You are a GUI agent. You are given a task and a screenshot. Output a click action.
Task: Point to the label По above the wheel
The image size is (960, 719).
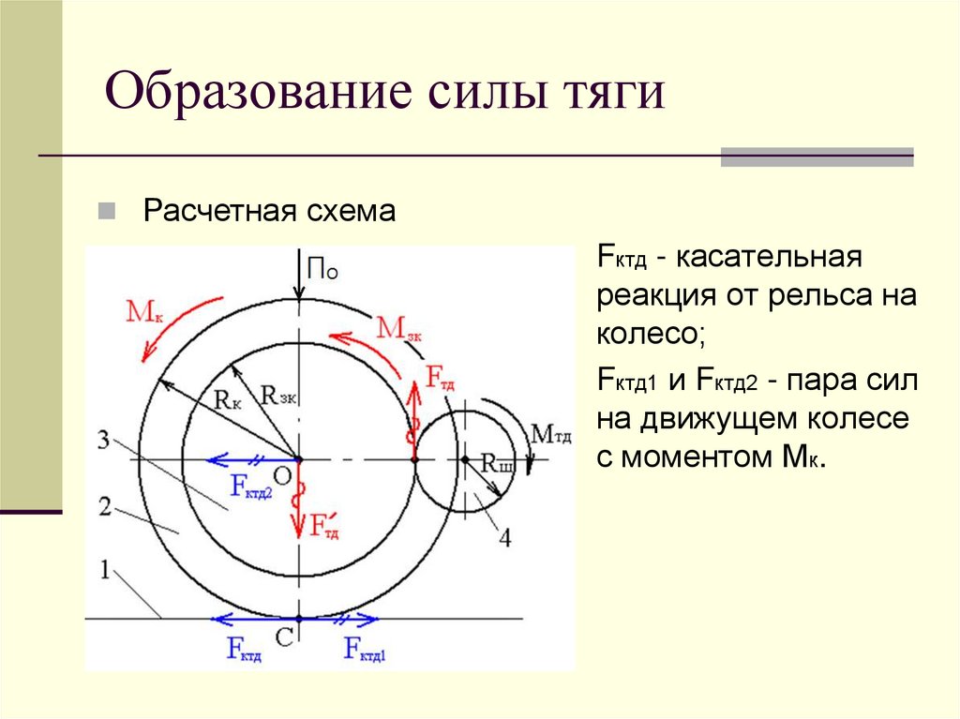pyautogui.click(x=322, y=270)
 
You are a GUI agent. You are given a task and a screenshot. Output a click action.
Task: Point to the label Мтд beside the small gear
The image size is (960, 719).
pyautogui.click(x=552, y=433)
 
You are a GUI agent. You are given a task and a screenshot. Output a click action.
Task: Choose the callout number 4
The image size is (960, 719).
pyautogui.click(x=505, y=537)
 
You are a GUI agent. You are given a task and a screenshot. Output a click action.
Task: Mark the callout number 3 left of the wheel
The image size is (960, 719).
pyautogui.click(x=104, y=439)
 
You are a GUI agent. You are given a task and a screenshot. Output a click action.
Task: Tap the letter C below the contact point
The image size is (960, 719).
pyautogui.click(x=285, y=637)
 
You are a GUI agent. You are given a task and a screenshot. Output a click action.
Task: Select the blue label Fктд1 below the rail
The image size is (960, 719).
pyautogui.click(x=365, y=649)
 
